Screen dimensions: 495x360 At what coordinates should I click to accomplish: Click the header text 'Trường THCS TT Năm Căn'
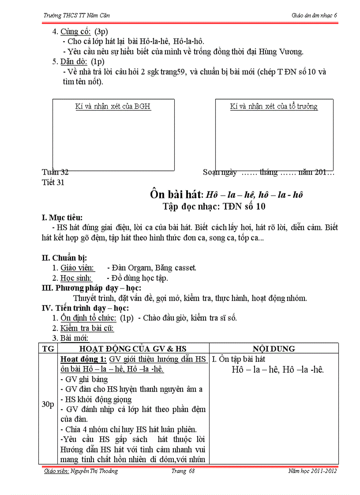(76, 15)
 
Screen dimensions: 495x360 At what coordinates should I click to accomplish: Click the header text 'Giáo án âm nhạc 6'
(314, 15)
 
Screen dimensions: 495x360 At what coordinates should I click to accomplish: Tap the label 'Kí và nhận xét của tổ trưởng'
(274, 106)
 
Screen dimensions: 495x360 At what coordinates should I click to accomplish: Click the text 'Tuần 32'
(55, 172)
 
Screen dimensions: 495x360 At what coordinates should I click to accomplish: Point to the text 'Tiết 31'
(53, 182)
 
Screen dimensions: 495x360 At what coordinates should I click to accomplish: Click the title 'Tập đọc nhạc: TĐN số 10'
(214, 206)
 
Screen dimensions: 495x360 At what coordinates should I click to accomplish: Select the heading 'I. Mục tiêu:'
(62, 217)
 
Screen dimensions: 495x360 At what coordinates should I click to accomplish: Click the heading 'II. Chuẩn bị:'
(64, 258)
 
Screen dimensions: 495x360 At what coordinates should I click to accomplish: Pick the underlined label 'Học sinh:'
(76, 278)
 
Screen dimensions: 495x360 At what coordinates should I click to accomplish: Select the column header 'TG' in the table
(47, 348)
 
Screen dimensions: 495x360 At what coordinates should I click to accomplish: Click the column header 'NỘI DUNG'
(274, 348)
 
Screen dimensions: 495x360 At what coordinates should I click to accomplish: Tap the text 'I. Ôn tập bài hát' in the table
(239, 359)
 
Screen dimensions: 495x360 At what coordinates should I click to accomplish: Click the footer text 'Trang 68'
(183, 471)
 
